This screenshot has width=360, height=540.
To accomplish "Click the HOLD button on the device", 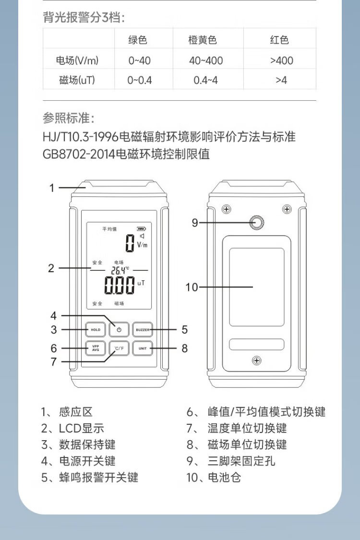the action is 96,330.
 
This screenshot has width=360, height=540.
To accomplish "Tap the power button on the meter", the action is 119,330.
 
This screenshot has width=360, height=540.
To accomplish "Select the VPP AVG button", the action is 96,348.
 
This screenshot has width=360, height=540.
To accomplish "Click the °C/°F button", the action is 119,348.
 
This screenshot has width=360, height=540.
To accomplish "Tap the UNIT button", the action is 142,348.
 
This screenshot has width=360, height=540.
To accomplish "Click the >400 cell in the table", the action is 281,60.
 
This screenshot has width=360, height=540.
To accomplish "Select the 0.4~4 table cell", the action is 205,80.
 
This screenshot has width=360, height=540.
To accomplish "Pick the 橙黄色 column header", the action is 203,40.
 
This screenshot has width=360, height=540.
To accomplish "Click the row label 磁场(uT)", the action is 77,80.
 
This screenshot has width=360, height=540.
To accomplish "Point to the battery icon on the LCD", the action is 141,228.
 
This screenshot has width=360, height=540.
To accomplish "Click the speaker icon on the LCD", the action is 142,236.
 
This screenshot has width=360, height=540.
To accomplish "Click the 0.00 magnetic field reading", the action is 120,286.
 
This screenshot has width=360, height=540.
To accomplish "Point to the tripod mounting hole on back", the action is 257,222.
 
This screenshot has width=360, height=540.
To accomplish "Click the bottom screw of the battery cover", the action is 257,360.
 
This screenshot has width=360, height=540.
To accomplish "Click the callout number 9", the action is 195,223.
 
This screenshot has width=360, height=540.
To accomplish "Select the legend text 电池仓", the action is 224,477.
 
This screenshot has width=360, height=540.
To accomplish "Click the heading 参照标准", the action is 68,118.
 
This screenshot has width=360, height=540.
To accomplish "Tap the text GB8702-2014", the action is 79,154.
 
